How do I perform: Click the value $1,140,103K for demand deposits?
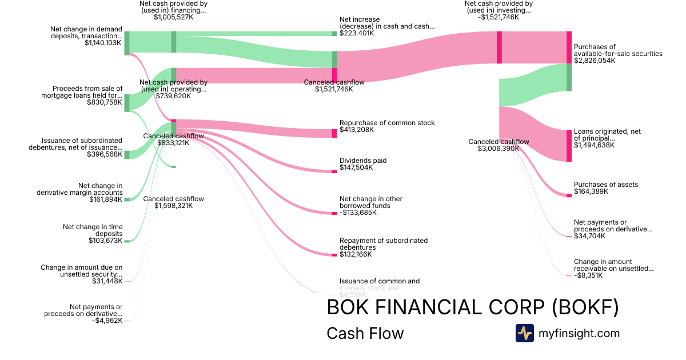coord(103,43)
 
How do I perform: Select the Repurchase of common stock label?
coord(387,123)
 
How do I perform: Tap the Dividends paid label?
coord(363,161)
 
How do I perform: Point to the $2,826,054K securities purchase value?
coord(595,61)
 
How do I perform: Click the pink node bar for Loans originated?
coord(569,146)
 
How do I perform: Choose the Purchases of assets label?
coord(606,185)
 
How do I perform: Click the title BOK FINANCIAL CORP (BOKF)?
coord(472,307)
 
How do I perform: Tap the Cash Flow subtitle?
coord(365,333)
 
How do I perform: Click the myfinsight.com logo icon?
coord(524,333)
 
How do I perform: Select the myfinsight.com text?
coord(579,333)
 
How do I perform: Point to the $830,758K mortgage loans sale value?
coord(105,103)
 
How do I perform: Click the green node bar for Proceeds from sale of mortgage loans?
coord(127,102)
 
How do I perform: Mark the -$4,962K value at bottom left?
coord(107,321)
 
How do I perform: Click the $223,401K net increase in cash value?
coord(357,34)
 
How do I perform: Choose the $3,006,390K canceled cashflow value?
coord(498,149)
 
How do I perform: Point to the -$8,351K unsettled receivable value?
coord(588,275)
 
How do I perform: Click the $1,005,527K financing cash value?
coord(173,17)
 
